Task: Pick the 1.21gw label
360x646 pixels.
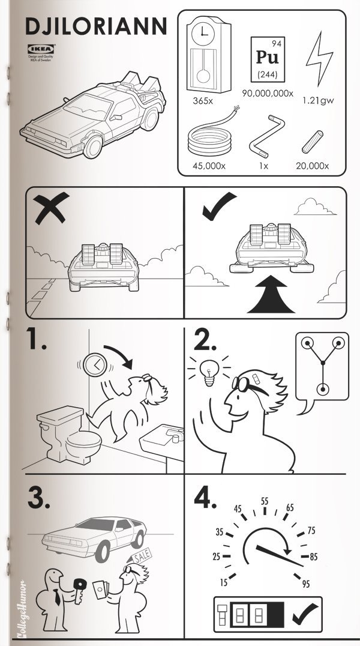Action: [318, 100]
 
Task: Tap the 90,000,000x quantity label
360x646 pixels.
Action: [268, 94]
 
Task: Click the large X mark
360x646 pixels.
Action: [50, 212]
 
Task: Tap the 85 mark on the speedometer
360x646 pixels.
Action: [313, 557]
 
